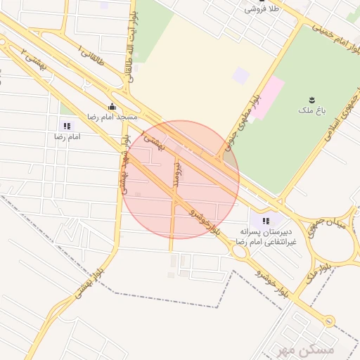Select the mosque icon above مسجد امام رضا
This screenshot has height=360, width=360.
112,107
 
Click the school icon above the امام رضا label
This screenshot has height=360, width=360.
66,126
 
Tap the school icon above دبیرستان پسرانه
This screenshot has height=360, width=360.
265,222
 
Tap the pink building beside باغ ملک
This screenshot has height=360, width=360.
267,96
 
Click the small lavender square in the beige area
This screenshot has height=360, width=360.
241,75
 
